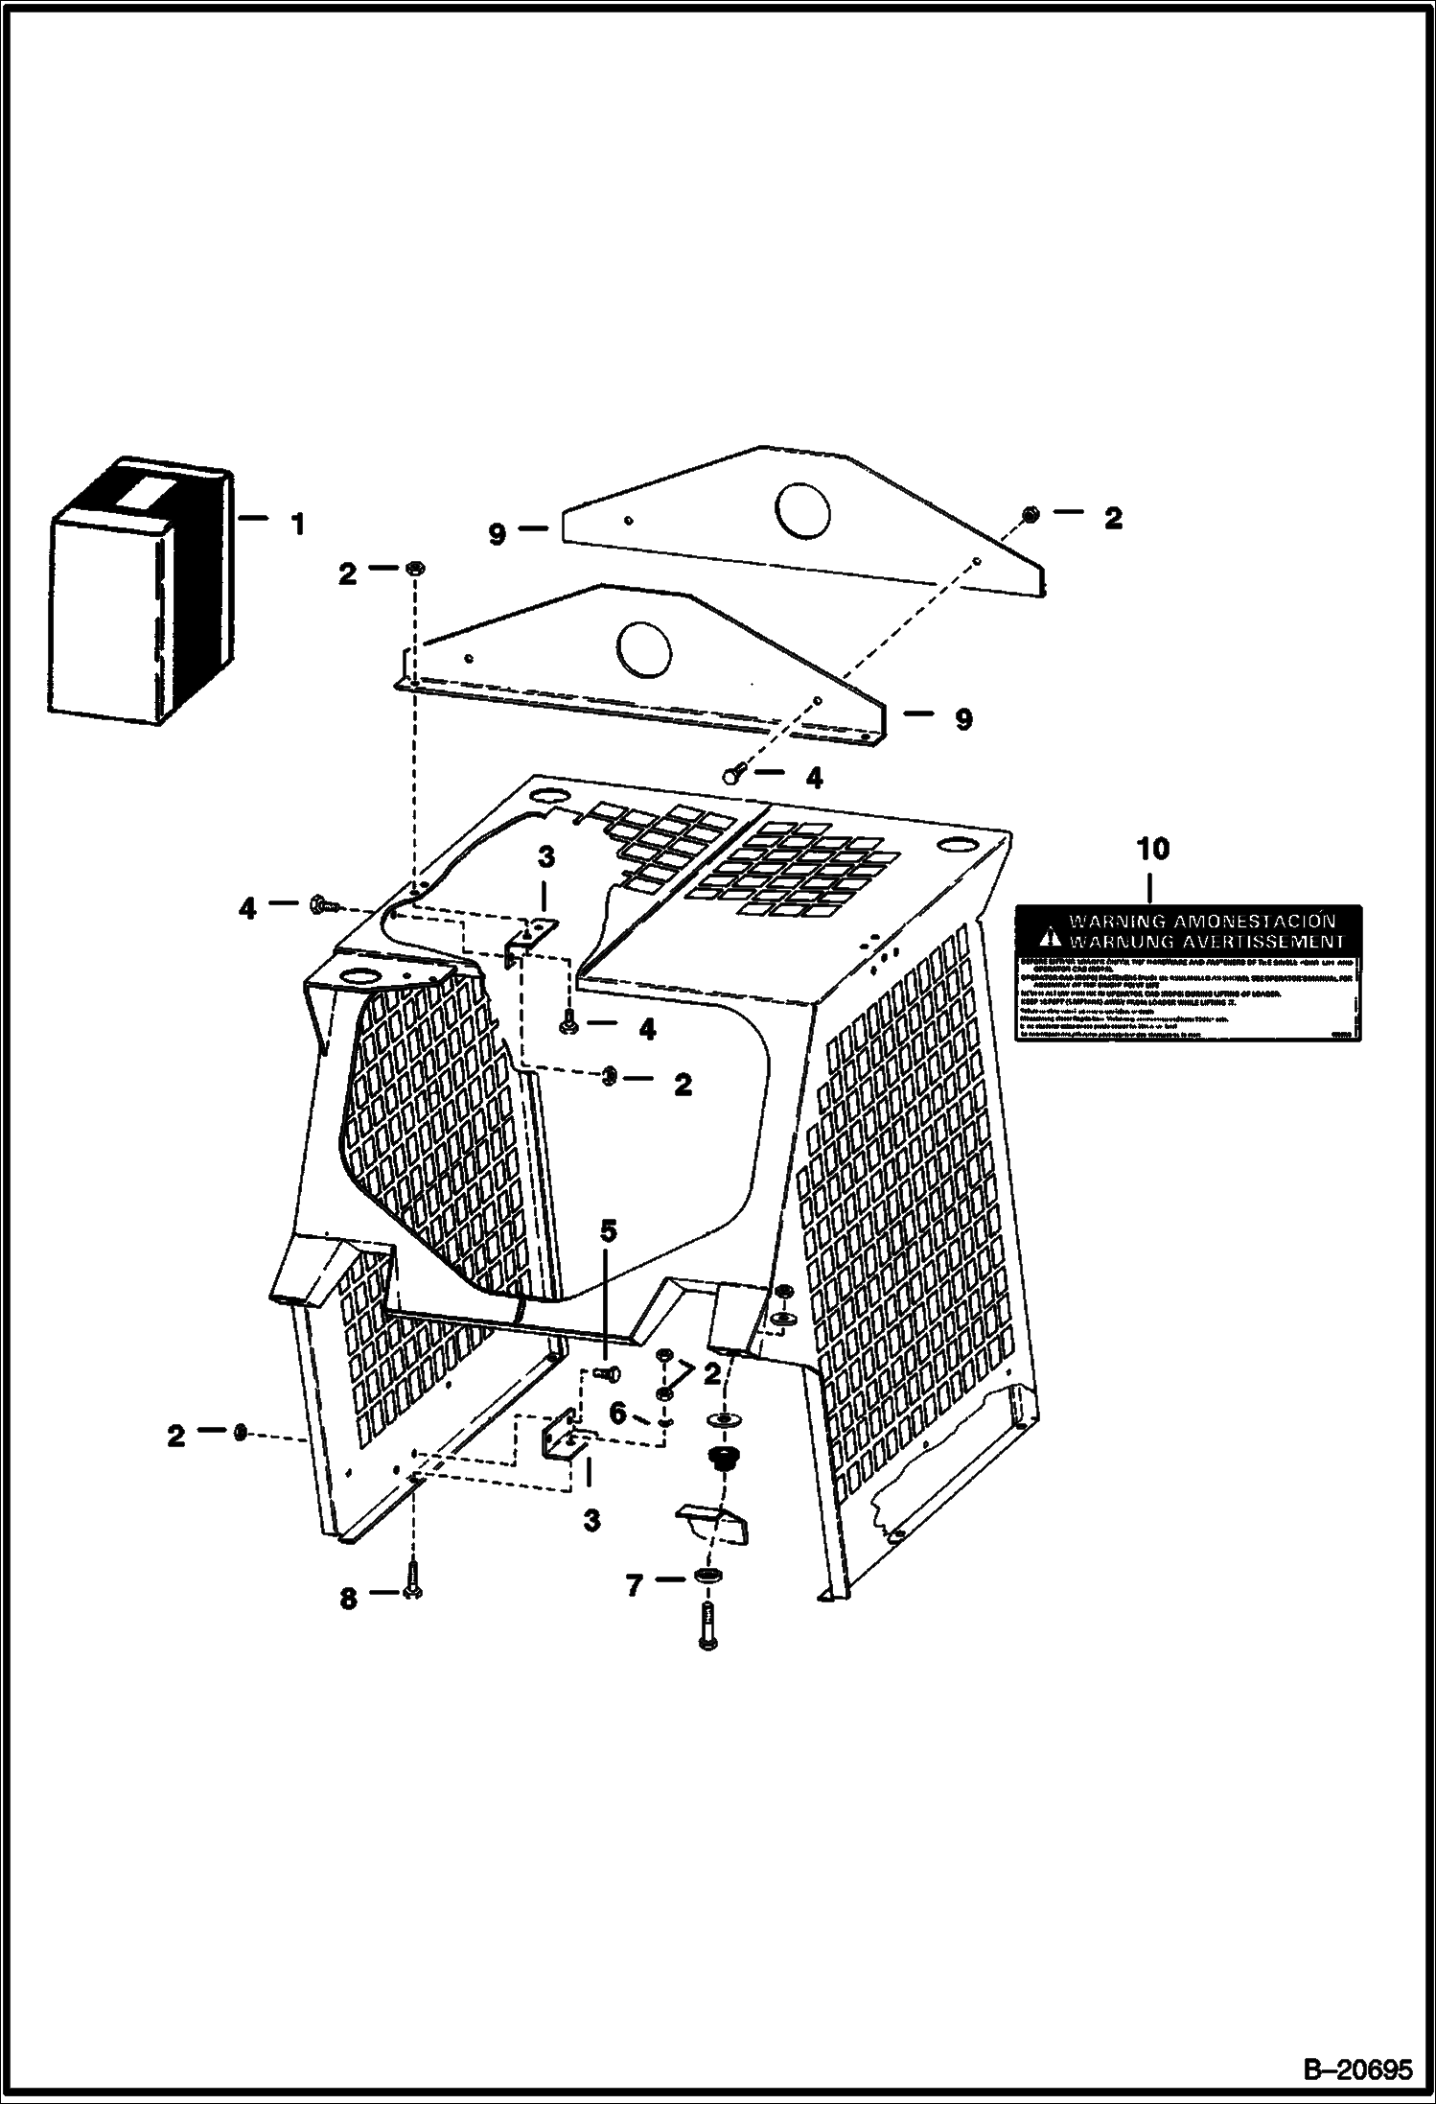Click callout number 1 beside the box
pyautogui.click(x=298, y=525)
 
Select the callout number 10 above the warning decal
pyautogui.click(x=1153, y=849)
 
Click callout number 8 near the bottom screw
pyautogui.click(x=348, y=1886)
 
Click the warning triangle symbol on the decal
pyautogui.click(x=1052, y=931)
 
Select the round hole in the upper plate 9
pyautogui.click(x=807, y=509)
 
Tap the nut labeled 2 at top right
pyautogui.click(x=1030, y=514)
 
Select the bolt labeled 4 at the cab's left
pyautogui.click(x=320, y=903)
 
